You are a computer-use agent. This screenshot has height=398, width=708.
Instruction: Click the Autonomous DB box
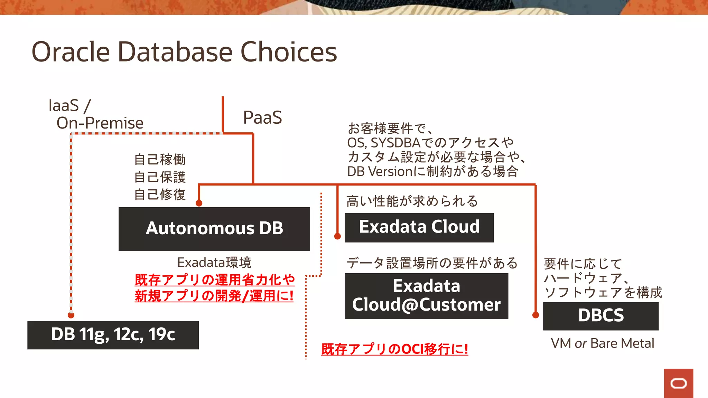click(x=214, y=229)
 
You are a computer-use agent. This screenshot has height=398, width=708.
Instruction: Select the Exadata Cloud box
click(x=419, y=227)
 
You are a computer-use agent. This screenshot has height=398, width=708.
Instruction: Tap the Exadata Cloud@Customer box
click(x=426, y=296)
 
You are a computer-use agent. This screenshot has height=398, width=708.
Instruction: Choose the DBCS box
click(x=600, y=316)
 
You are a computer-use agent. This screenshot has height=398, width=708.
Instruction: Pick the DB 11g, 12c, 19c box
click(x=113, y=335)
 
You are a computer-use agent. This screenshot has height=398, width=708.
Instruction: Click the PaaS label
click(x=262, y=117)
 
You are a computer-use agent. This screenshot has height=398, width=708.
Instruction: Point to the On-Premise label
click(x=100, y=123)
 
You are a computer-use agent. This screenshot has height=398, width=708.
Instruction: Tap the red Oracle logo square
click(x=678, y=383)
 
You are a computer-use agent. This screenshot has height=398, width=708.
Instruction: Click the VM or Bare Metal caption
click(x=602, y=343)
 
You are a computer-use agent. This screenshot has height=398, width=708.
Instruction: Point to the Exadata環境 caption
click(x=214, y=263)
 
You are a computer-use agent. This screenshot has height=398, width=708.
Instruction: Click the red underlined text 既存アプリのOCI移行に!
click(x=394, y=349)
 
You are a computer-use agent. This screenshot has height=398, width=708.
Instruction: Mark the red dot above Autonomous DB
click(x=199, y=203)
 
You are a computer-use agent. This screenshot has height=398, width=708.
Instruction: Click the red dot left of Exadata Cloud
click(x=337, y=236)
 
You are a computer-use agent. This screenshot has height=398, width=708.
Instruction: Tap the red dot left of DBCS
click(x=535, y=315)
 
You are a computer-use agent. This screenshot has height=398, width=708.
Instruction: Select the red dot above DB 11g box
click(x=71, y=315)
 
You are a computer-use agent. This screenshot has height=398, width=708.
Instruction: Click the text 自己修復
click(x=160, y=195)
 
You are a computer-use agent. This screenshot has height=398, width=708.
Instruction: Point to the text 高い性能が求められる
click(x=412, y=201)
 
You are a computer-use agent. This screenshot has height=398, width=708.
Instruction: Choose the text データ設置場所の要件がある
click(x=432, y=263)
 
